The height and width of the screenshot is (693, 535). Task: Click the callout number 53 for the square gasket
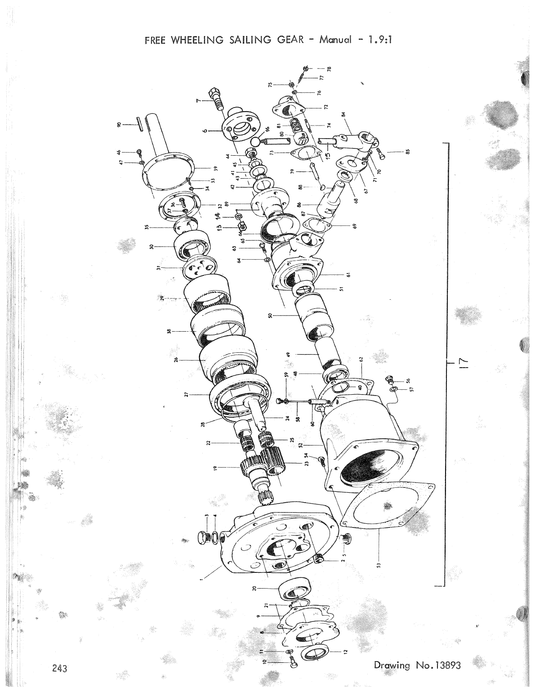point(379,565)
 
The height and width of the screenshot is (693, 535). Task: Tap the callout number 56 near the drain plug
point(408,380)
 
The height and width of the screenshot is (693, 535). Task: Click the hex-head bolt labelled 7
point(217,97)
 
